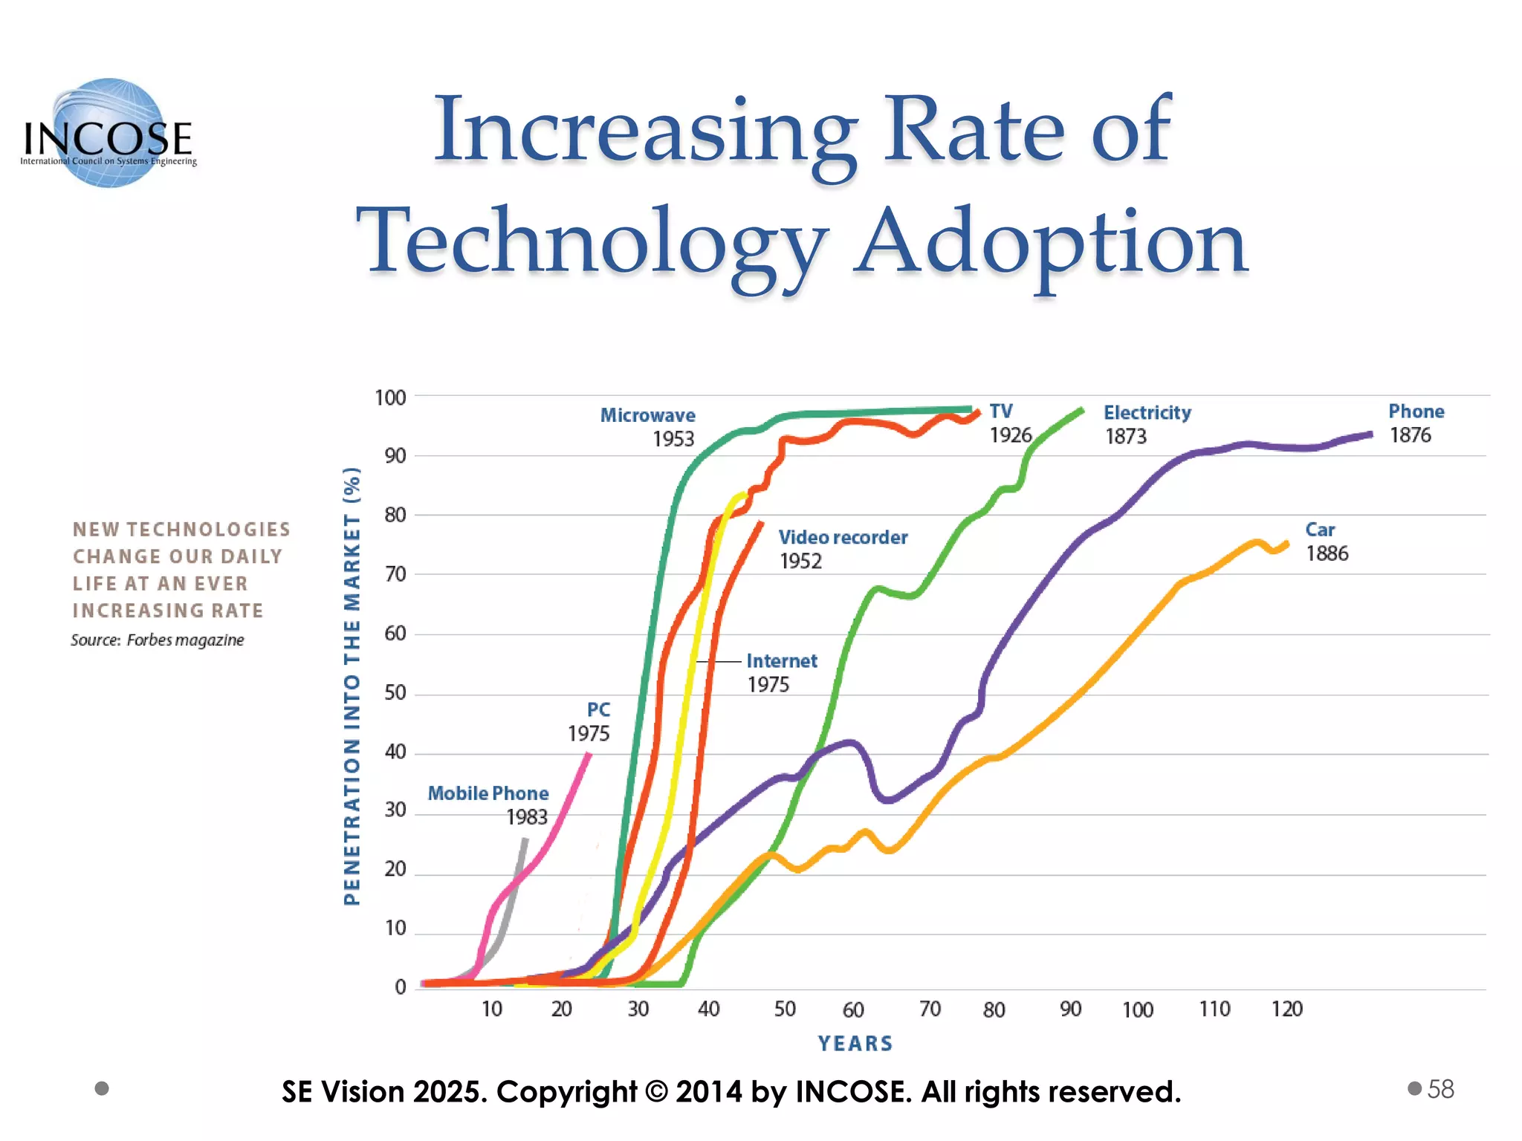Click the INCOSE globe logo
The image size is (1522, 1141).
coord(109,134)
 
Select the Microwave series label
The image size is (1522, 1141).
coord(647,415)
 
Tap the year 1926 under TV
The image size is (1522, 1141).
coord(1011,435)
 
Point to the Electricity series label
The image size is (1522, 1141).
coord(1147,413)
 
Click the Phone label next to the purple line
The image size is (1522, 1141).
coord(1416,412)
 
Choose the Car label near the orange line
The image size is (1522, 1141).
coord(1320,530)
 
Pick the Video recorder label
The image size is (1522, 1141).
coord(843,537)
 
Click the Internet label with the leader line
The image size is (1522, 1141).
coord(781,661)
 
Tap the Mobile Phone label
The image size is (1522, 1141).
coord(488,793)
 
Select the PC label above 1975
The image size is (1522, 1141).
coord(598,710)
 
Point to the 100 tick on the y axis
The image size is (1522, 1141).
coord(390,398)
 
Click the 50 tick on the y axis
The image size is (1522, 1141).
coord(395,693)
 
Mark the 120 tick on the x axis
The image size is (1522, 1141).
coord(1286,1009)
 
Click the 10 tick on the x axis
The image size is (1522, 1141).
coord(492,1009)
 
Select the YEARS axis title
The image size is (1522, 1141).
coord(855,1044)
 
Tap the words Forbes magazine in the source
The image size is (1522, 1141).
coord(185,640)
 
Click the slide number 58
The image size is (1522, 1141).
coord(1440,1089)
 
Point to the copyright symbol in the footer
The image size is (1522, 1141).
coord(656,1092)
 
